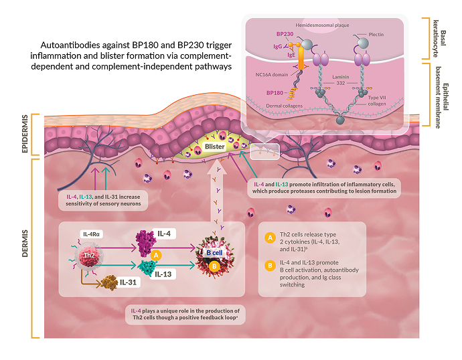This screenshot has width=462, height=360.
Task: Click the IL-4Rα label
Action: click(x=92, y=234)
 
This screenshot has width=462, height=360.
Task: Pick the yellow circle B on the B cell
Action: click(x=215, y=266)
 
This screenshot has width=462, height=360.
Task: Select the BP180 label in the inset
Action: click(x=276, y=93)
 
